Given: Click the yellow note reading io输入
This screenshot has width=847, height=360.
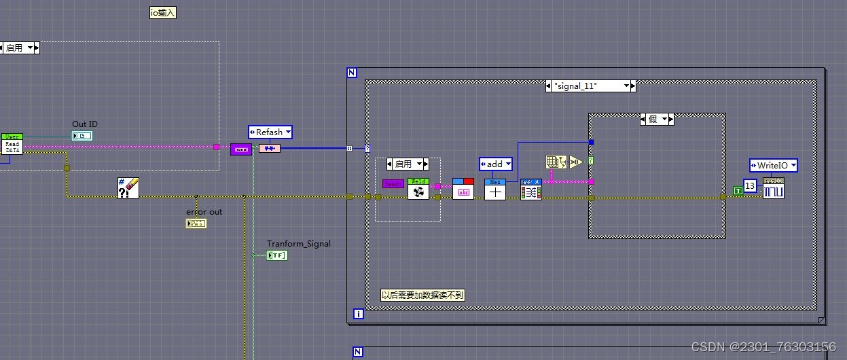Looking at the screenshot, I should (163, 12).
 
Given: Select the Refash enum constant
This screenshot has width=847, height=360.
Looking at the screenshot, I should (270, 132).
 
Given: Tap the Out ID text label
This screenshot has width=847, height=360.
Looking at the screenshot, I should (85, 124).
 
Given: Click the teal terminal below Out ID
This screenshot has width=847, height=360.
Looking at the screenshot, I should (82, 136).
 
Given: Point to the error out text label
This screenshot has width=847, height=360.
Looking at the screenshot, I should (204, 212).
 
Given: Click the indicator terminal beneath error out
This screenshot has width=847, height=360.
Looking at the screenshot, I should (196, 223).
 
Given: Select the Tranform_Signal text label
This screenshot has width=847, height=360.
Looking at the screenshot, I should (299, 244).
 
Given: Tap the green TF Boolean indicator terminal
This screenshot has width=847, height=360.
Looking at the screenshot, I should (277, 255).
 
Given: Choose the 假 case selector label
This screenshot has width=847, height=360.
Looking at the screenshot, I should (657, 120).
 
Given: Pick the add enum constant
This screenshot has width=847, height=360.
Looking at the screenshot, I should (495, 164).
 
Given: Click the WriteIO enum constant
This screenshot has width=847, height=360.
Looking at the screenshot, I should (773, 165).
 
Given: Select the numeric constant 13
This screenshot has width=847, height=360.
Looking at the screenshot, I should (750, 186).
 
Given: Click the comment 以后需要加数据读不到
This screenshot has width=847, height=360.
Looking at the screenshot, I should (423, 295).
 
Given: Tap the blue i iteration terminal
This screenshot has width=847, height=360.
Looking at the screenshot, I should (359, 314).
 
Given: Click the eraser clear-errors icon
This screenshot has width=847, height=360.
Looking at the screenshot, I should (128, 187).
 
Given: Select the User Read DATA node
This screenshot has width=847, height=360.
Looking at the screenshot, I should (12, 144).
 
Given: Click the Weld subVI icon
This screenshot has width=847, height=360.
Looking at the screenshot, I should (418, 188).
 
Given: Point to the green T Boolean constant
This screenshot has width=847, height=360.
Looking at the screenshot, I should (738, 191).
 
